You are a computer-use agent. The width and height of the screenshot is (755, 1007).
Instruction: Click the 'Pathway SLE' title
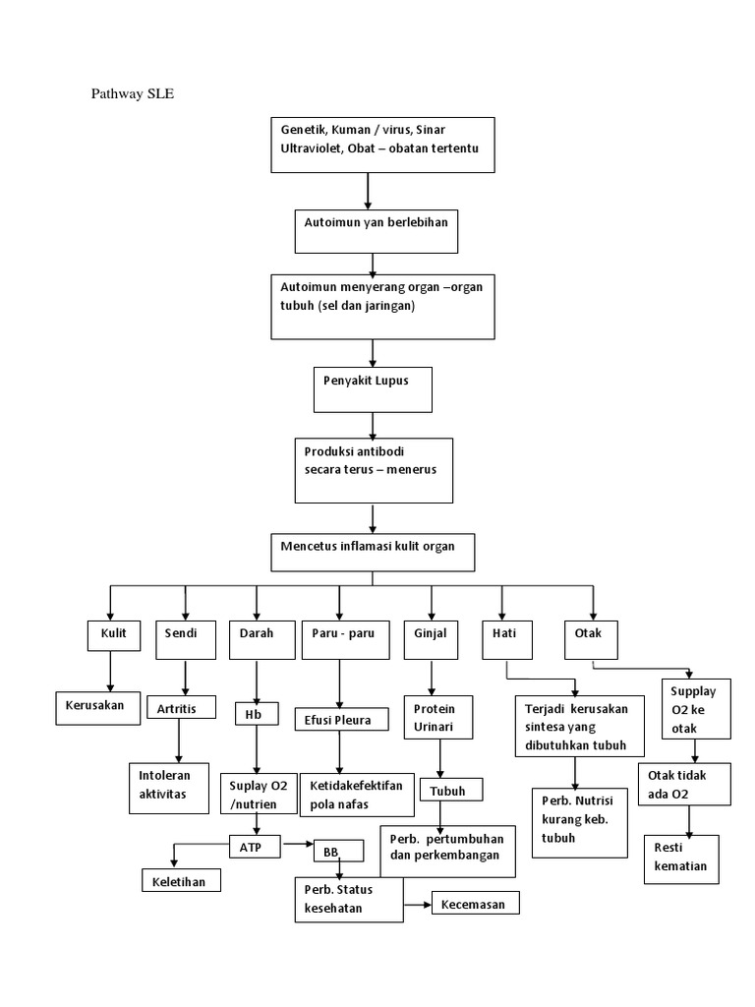(x=133, y=94)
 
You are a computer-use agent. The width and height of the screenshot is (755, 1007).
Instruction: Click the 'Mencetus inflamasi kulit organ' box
(x=373, y=552)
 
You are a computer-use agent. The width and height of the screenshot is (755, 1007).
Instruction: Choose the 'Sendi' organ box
(x=184, y=639)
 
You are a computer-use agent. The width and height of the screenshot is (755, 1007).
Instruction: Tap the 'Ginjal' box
(x=431, y=639)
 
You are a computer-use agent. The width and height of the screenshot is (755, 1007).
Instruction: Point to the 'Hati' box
(x=504, y=639)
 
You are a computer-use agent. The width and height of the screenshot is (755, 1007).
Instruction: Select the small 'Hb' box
(x=256, y=713)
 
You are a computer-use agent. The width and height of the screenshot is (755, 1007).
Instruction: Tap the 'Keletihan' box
(x=181, y=880)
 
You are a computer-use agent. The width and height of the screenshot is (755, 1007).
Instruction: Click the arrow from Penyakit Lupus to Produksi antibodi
(x=373, y=425)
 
